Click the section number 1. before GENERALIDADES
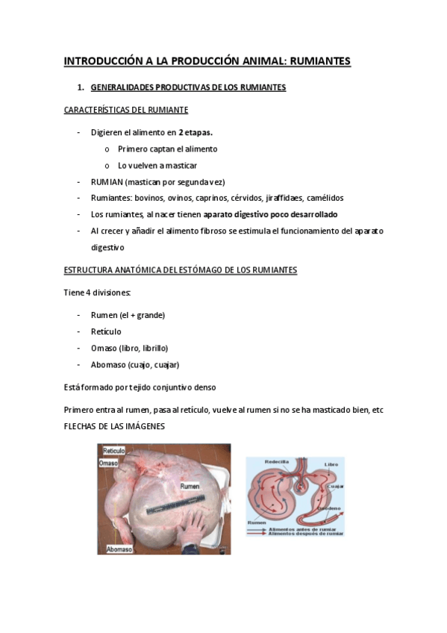(x=91, y=87)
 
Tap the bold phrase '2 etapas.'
(x=196, y=132)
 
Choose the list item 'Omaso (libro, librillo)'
(x=129, y=348)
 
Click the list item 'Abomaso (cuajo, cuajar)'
(x=134, y=364)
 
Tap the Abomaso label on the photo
(x=119, y=549)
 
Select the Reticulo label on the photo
(x=113, y=451)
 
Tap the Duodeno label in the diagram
(x=330, y=508)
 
